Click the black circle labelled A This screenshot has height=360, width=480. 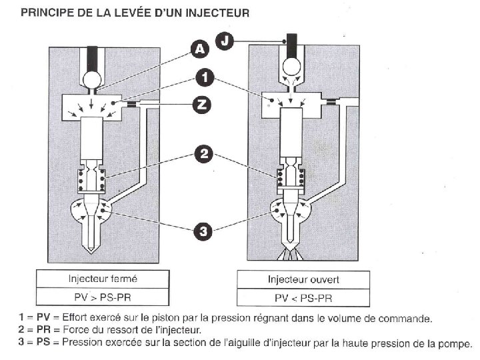point(199,48)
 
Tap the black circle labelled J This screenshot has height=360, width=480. point(227,41)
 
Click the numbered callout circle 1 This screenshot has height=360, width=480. point(206,79)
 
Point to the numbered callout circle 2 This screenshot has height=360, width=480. point(205,155)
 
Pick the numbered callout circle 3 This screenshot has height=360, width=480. point(205,231)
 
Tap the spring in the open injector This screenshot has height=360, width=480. point(291,178)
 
